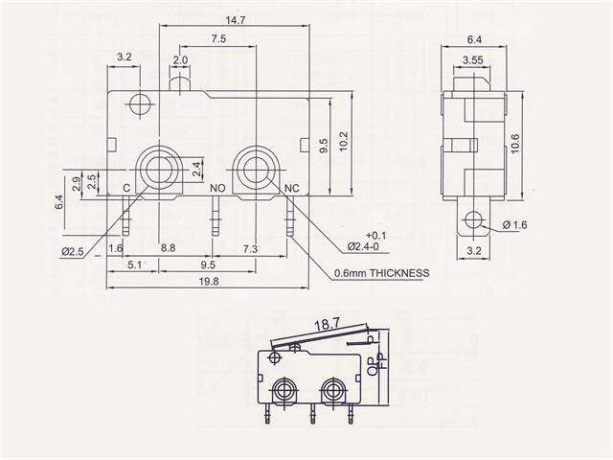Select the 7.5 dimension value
[x=217, y=39]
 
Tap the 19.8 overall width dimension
[x=209, y=281]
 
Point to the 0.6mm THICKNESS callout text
[x=380, y=272]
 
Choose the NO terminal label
[x=217, y=189]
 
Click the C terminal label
[x=126, y=188]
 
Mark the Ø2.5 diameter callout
[x=75, y=251]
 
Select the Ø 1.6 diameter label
[x=514, y=225]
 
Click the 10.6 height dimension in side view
[x=515, y=142]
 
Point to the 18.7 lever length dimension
[x=328, y=326]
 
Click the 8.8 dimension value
[x=167, y=248]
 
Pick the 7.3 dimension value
[x=250, y=248]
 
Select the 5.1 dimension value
[x=135, y=264]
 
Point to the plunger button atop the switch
[x=179, y=85]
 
